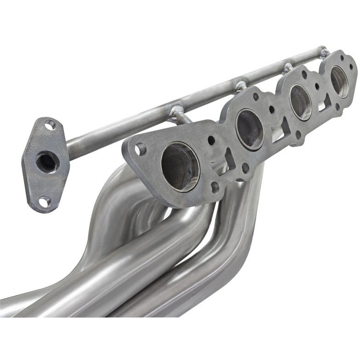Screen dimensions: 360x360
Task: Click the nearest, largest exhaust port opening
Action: [180, 166]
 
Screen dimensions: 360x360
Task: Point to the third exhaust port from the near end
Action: [301, 101]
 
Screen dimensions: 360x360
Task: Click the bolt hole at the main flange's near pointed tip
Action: [140, 148]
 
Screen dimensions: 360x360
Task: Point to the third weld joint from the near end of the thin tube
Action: [288, 67]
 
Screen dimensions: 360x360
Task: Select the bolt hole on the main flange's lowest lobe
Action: [214, 187]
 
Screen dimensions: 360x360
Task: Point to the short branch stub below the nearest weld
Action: [181, 118]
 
